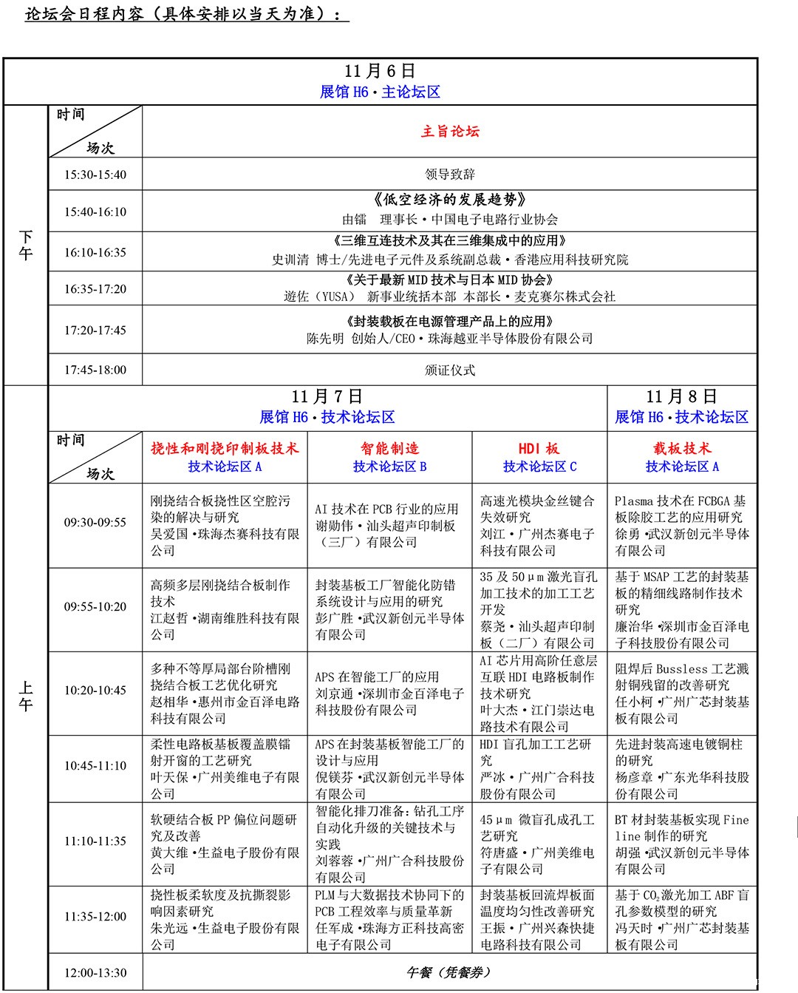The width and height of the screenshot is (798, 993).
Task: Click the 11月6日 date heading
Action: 380,72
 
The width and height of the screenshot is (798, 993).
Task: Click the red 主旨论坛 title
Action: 450,132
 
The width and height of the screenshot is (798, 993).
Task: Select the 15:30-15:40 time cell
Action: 95,175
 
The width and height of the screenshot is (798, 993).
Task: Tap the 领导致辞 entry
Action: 450,174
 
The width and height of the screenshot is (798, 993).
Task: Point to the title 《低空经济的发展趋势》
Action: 450,200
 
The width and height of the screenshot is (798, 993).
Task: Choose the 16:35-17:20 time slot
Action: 95,289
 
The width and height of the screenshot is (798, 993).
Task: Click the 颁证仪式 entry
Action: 450,370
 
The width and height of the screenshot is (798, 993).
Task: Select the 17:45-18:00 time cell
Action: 95,370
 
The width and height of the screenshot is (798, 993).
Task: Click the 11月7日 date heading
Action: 327,397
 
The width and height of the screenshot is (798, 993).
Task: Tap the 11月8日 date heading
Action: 681,397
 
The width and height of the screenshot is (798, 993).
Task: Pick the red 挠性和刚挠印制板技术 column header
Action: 225,448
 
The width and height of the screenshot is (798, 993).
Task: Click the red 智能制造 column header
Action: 389,448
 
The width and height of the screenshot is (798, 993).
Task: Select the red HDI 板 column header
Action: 539,448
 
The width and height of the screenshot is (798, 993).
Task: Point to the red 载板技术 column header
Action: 681,448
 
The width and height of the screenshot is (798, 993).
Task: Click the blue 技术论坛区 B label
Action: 389,467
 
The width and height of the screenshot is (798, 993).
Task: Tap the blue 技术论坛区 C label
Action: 539,467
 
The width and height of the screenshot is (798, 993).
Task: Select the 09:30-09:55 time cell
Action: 95,523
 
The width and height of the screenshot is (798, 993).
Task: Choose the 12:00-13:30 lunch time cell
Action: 95,973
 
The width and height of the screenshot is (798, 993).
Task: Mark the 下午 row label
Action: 26,245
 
